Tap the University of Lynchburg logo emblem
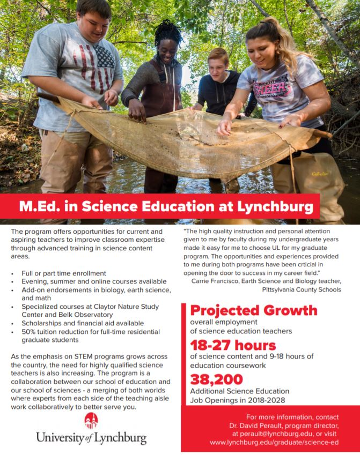coord(91,421)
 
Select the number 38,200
coord(216,379)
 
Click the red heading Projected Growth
coord(254,310)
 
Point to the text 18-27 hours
coord(233,345)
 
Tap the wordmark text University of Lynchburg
coord(91,437)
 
